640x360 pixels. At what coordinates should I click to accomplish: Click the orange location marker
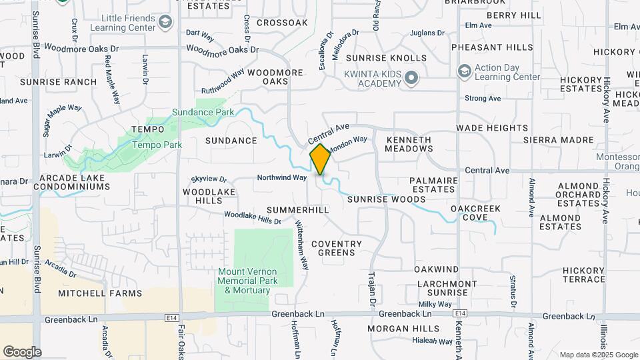320,159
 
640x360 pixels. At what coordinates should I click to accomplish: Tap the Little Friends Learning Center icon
165,23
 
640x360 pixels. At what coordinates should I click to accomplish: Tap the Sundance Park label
203,112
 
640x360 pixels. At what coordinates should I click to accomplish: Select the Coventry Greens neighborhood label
337,248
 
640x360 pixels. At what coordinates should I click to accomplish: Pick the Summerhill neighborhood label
298,210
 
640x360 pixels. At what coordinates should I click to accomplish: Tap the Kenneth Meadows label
408,144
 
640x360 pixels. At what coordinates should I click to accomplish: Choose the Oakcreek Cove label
475,213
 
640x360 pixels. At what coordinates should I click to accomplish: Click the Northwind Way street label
282,177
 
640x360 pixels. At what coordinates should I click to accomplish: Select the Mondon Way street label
348,143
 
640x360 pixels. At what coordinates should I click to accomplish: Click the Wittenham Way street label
302,246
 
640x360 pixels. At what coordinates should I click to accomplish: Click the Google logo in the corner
22,351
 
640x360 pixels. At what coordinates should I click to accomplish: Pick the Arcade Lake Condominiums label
74,183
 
